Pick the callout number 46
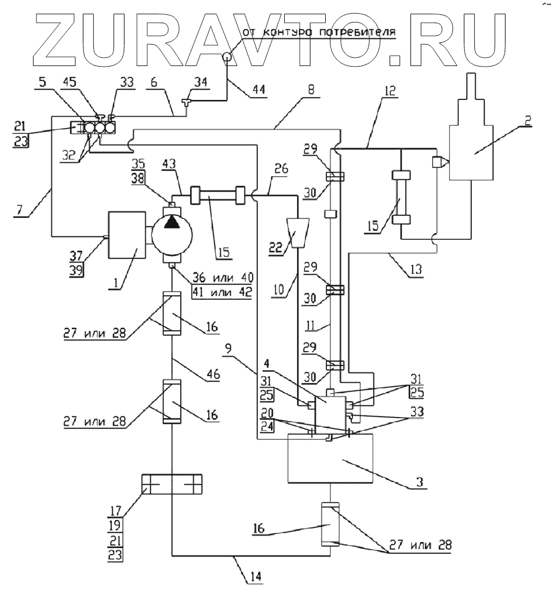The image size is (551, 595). pyautogui.click(x=212, y=375)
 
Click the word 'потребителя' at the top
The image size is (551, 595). pyautogui.click(x=367, y=32)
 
